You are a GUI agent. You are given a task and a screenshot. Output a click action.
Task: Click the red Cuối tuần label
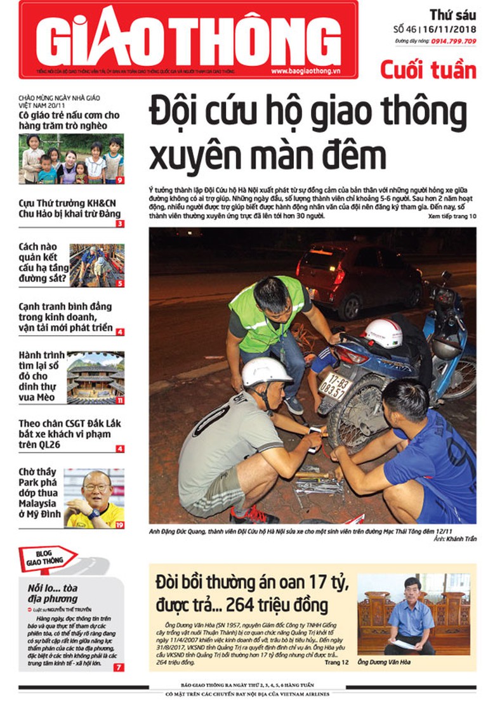pyautogui.click(x=428, y=68)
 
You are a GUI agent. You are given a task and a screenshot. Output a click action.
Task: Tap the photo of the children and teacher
pyautogui.click(x=71, y=158)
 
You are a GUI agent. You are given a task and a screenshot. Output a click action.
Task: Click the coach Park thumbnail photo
pyautogui.click(x=94, y=498)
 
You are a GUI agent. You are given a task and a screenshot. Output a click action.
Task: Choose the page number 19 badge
pyautogui.click(x=119, y=525)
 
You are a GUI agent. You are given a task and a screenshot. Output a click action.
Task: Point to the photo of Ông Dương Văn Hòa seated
pyautogui.click(x=411, y=614)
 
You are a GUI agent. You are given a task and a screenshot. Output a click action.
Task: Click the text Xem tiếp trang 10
pyautogui.click(x=451, y=216)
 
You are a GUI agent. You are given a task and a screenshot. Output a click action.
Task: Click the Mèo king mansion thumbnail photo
pyautogui.click(x=95, y=377)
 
